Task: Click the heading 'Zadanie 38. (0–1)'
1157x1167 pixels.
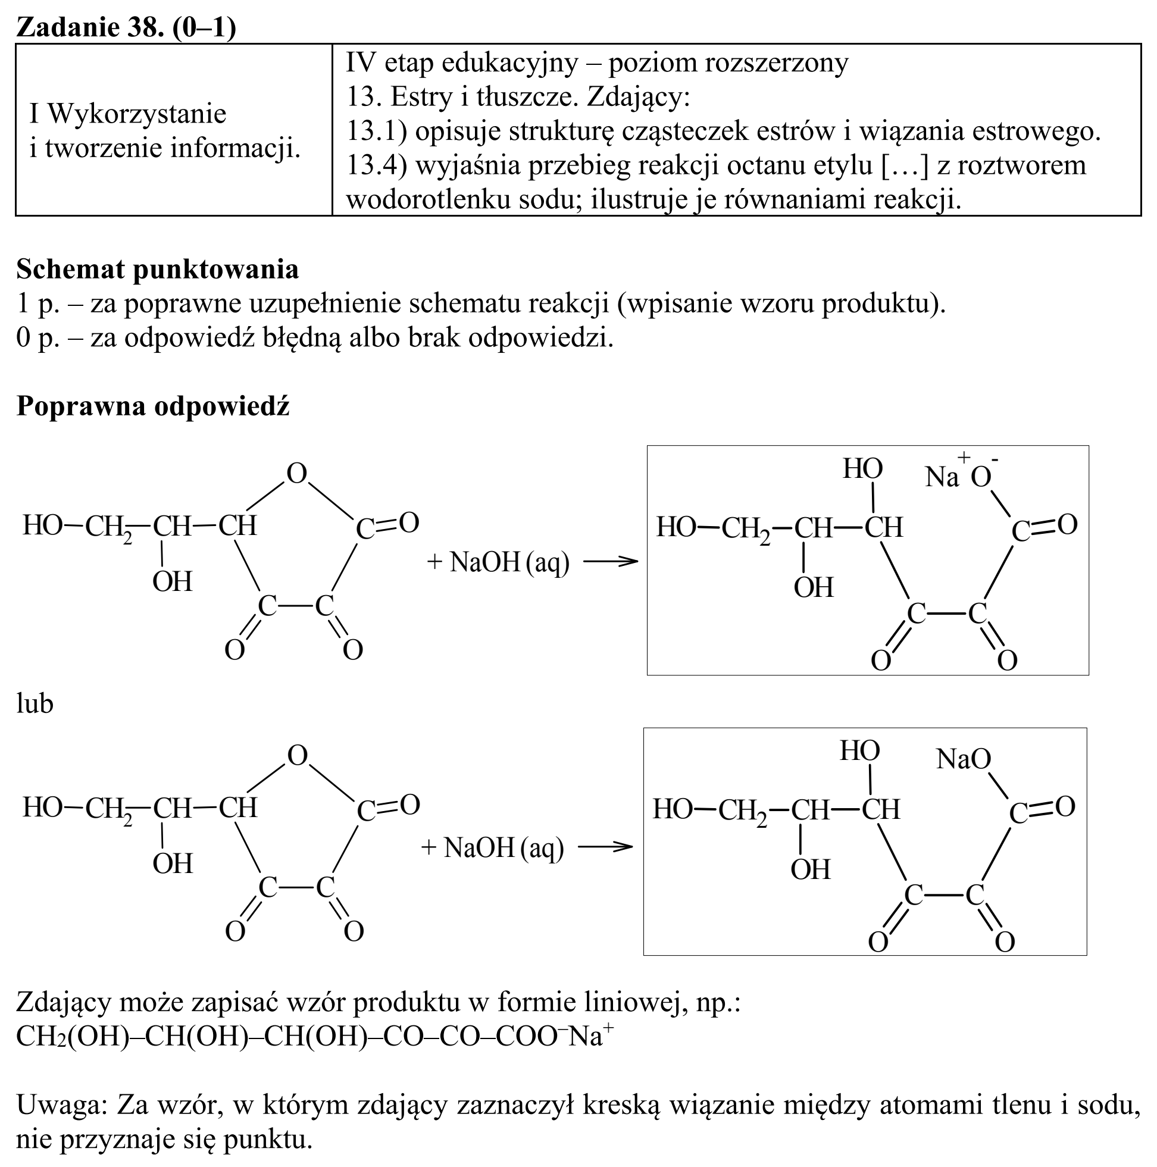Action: (126, 27)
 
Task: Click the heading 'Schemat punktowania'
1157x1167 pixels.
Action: (158, 270)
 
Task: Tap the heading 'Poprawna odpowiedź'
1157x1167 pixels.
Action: (153, 406)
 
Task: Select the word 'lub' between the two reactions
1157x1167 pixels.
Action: (35, 703)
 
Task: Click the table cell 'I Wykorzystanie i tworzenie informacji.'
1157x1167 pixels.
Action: (165, 130)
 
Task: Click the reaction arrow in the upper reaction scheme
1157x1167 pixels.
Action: (611, 561)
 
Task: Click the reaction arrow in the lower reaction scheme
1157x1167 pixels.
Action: (605, 847)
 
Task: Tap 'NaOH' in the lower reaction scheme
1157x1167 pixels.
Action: (479, 848)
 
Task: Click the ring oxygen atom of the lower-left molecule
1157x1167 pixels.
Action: (297, 756)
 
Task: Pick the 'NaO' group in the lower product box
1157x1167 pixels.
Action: (964, 759)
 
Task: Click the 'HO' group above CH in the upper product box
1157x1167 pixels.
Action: (863, 469)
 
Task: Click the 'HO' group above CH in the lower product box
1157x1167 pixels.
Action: (860, 752)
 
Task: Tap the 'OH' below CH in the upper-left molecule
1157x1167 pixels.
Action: (172, 581)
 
